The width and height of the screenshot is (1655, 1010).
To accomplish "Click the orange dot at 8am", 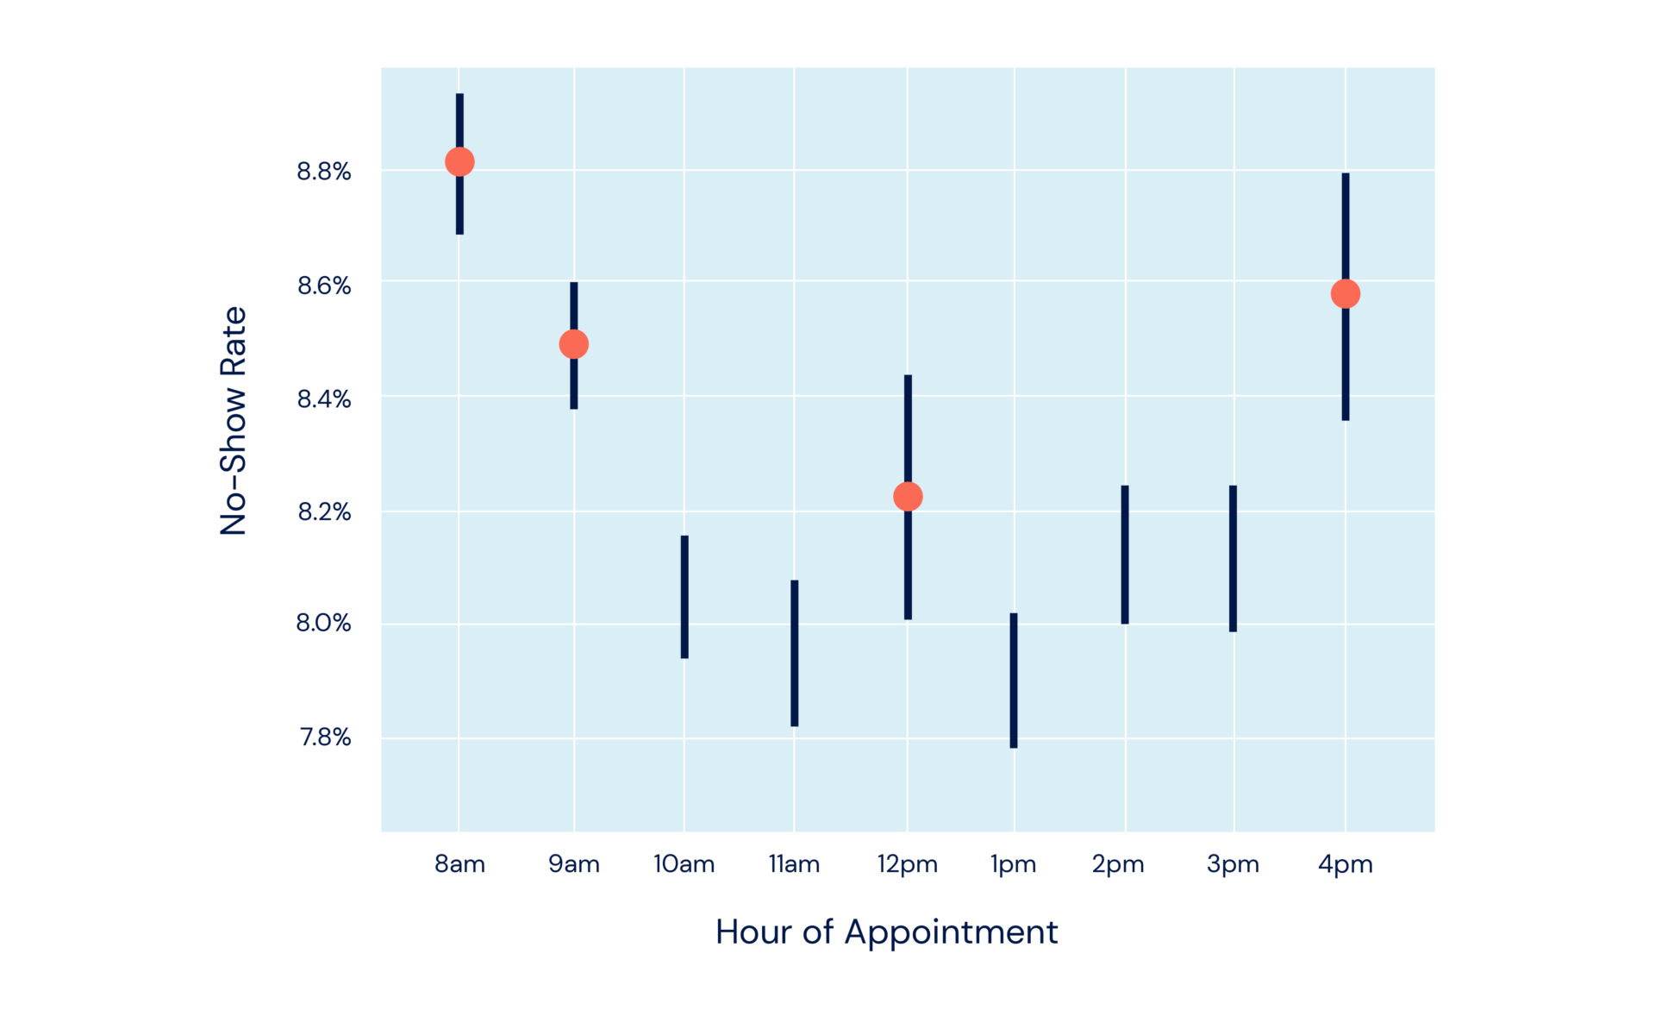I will [459, 161].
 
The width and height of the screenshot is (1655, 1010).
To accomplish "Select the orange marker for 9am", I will [573, 344].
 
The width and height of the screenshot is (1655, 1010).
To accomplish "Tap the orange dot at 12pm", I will [908, 496].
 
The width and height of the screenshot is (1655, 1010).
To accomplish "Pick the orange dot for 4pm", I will [1345, 294].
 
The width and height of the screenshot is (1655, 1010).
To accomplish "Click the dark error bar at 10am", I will [684, 597].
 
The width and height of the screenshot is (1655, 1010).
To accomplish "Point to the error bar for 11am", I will [794, 653].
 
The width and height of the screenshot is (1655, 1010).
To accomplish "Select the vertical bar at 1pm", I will [1014, 680].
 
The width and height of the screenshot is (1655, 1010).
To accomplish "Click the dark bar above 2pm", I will [1125, 554].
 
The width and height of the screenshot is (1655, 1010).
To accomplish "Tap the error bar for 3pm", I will [1233, 558].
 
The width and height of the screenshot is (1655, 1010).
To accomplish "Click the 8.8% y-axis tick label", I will [324, 172].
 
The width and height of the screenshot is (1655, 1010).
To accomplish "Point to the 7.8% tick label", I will [325, 737].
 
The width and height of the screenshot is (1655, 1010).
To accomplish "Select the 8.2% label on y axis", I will [324, 512].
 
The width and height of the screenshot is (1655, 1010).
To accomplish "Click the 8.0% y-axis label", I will [323, 623].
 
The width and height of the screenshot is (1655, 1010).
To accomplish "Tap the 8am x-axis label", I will [459, 864].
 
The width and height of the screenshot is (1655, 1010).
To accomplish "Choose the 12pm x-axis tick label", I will [907, 864].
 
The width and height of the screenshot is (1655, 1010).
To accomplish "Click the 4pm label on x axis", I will [1345, 864].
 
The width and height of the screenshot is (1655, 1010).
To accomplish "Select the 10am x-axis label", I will [684, 864].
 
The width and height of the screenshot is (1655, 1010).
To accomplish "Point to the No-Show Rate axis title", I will [234, 421].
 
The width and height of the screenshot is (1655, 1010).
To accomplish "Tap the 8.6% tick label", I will [324, 285].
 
